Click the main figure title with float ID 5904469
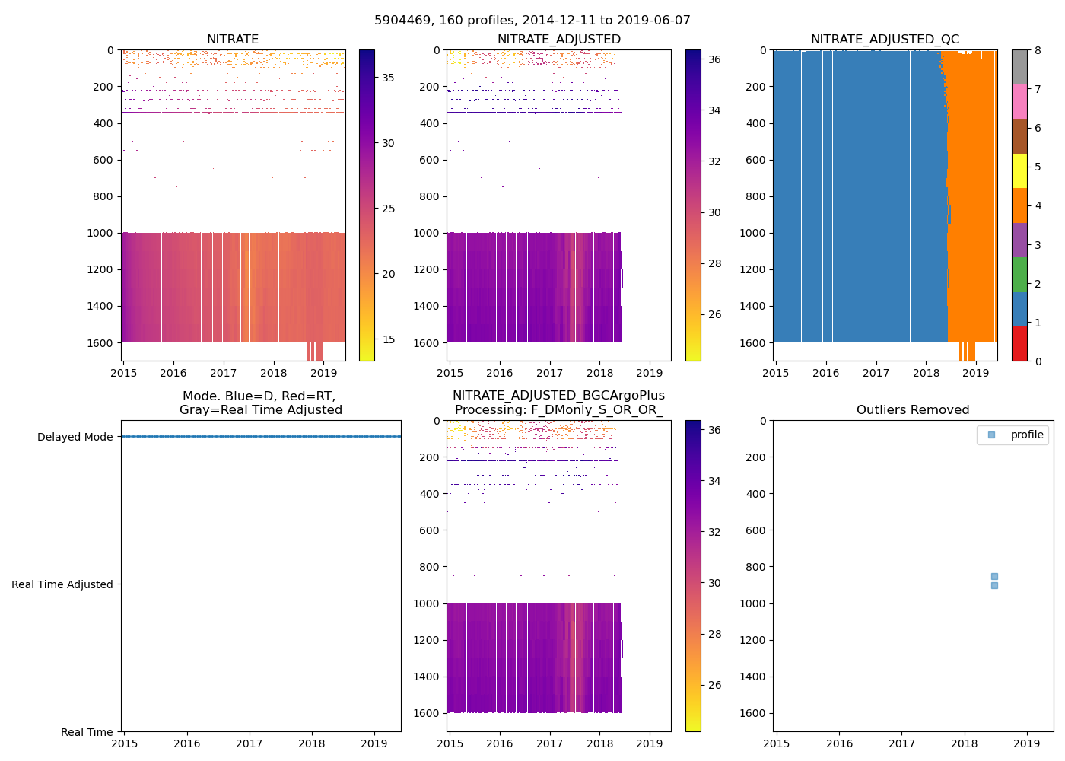tap(532, 21)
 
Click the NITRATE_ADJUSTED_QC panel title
tap(885, 40)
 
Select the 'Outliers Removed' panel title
tap(913, 410)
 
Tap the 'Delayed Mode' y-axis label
tap(75, 437)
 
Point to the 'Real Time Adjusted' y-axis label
tap(62, 584)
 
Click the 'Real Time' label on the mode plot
tap(87, 732)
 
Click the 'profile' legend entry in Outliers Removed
tap(1026, 435)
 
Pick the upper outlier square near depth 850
tap(994, 576)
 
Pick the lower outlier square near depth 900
tap(994, 585)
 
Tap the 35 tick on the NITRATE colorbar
tap(388, 78)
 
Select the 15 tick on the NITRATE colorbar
tap(388, 339)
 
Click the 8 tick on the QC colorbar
tap(1038, 50)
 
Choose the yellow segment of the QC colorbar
tap(1019, 170)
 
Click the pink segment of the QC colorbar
tap(1019, 101)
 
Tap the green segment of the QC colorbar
tap(1019, 275)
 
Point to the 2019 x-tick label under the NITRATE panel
tap(323, 373)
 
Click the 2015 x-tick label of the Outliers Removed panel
tap(776, 743)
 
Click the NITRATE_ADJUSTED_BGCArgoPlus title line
tap(558, 396)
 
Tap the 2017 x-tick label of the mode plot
tap(249, 743)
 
